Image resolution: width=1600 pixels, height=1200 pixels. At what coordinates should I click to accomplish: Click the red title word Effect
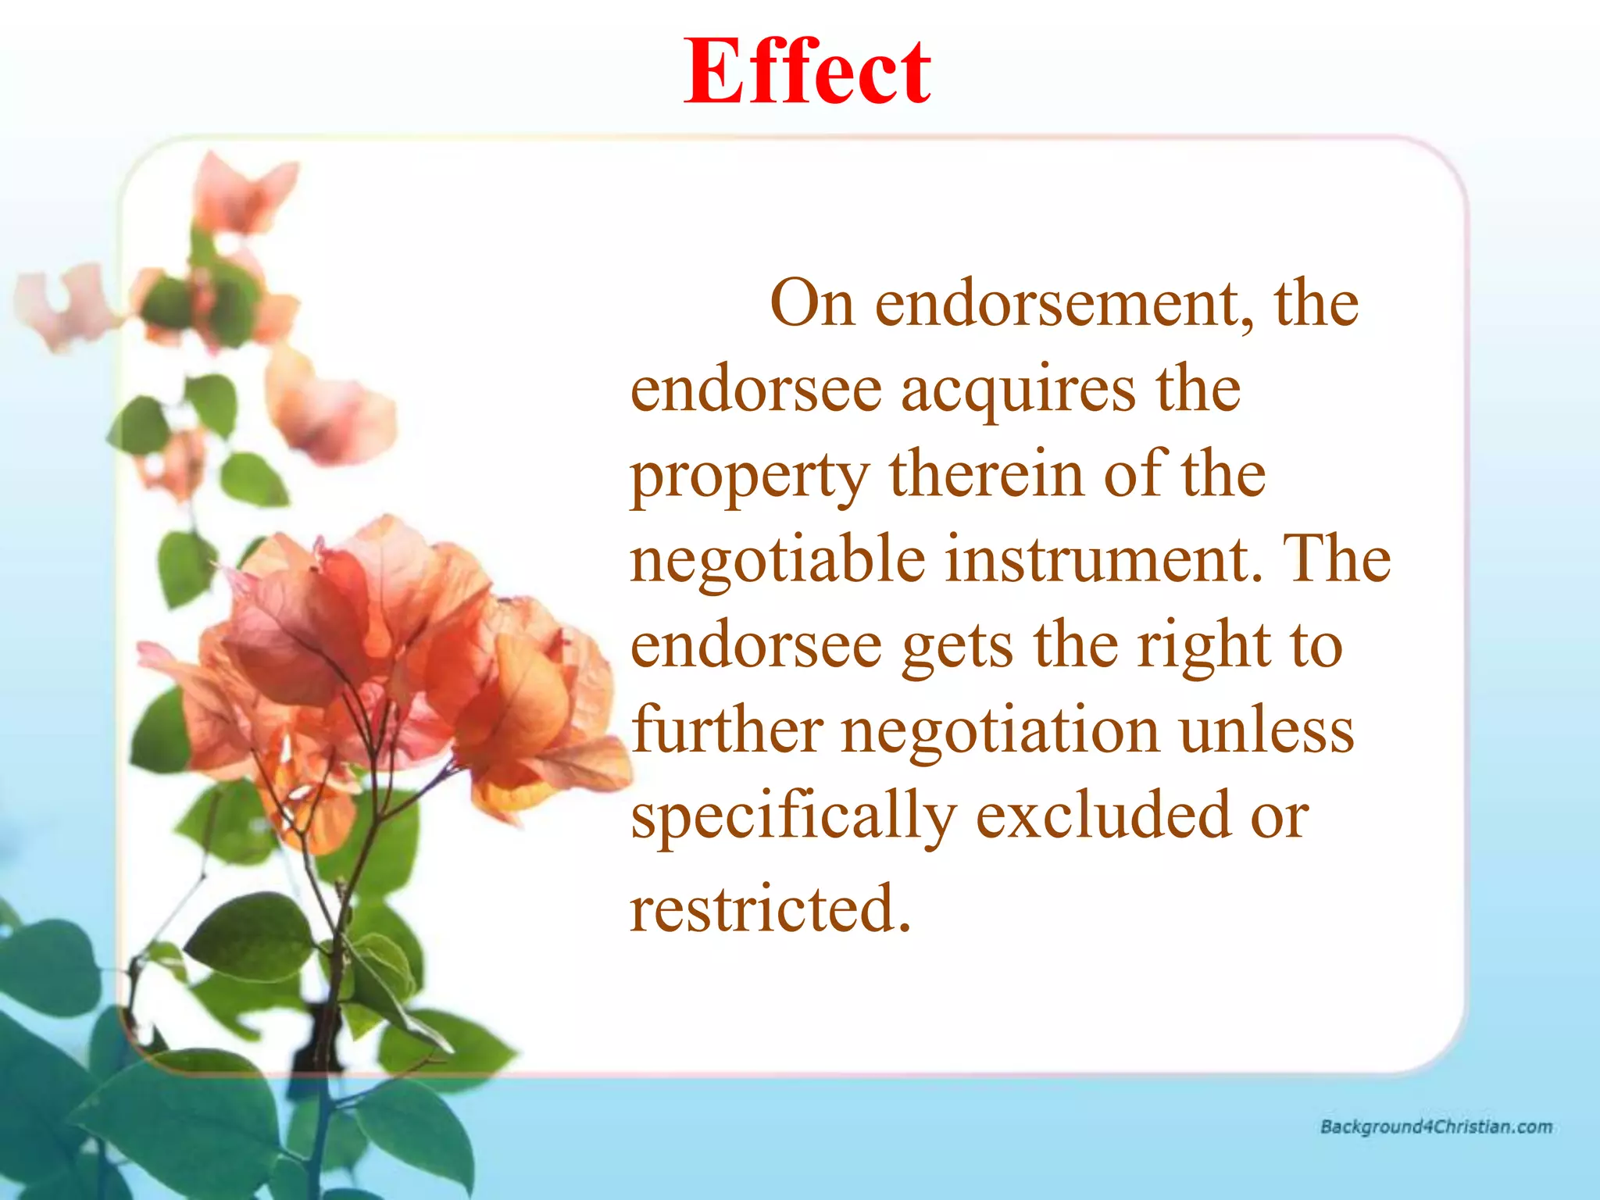pyautogui.click(x=807, y=73)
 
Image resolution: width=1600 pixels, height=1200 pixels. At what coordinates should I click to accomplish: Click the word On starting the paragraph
pyautogui.click(x=812, y=303)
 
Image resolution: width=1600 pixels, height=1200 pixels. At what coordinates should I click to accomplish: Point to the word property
pyautogui.click(x=750, y=477)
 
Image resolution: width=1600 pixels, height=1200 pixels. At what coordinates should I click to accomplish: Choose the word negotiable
pyautogui.click(x=777, y=561)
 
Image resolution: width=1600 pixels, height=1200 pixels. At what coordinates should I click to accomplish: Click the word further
pyautogui.click(x=727, y=730)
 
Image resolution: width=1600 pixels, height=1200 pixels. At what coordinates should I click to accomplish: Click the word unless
pyautogui.click(x=1266, y=730)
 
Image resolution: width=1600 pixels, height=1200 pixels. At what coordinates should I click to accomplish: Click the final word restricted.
pyautogui.click(x=770, y=908)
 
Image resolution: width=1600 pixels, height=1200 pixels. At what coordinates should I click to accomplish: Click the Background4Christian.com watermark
pyautogui.click(x=1436, y=1127)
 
